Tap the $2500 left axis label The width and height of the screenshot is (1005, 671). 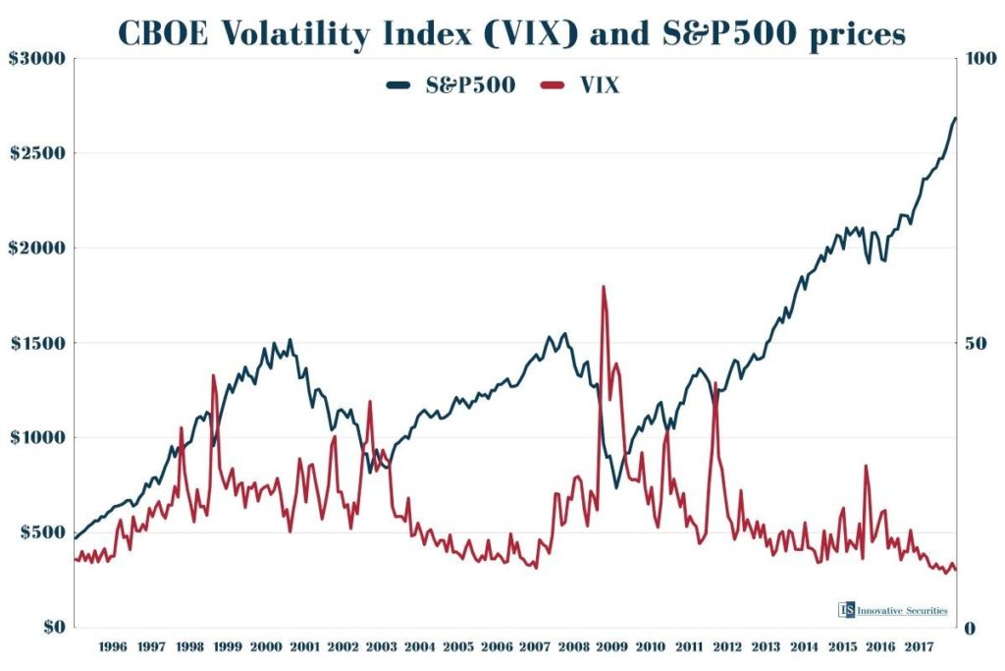[37, 153]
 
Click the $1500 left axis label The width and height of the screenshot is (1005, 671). [37, 343]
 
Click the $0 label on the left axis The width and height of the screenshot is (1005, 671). [49, 627]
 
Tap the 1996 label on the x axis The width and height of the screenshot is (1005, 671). [113, 646]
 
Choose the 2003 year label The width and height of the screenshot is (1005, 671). [381, 646]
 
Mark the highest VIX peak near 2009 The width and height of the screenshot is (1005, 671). [603, 287]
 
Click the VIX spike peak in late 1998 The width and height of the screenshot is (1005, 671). [213, 375]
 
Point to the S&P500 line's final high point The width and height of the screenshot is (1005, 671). [954, 118]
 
